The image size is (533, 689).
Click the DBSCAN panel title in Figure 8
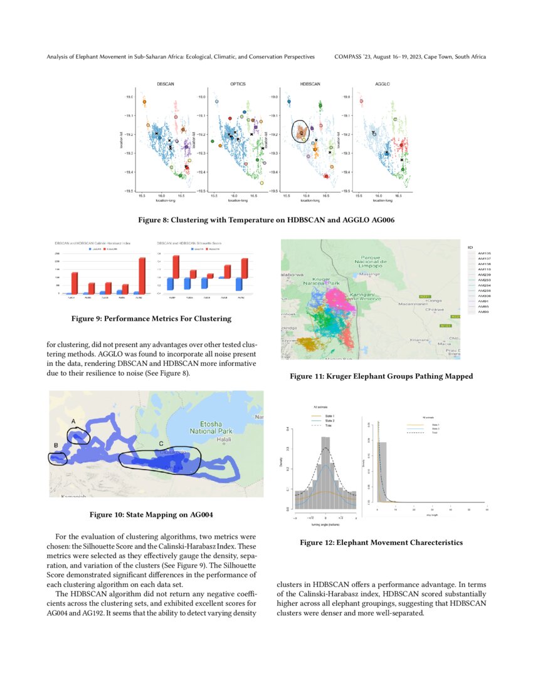click(166, 83)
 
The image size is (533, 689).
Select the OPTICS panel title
click(238, 83)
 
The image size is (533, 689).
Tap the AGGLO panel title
click(382, 83)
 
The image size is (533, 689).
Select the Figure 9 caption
click(151, 319)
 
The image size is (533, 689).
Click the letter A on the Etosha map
click(74, 422)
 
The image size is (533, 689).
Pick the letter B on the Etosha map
click(56, 445)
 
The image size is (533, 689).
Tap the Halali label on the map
click(224, 440)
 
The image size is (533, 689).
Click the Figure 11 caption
click(381, 376)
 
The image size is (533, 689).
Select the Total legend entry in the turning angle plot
click(328, 425)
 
